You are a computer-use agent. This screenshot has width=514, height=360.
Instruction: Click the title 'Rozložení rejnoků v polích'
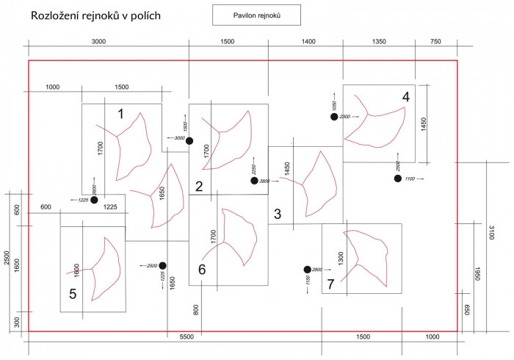point(96,15)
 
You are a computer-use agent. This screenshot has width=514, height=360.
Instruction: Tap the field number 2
point(199,186)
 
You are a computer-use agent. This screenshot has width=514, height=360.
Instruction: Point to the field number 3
point(278,215)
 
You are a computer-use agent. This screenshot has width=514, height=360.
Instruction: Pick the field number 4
point(405,96)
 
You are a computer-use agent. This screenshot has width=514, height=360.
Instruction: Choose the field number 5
point(73,294)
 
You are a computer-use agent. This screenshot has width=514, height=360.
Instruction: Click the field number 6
point(202,270)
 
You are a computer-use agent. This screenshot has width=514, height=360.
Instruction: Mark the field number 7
point(331,283)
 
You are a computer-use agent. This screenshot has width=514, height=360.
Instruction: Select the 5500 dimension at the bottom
point(187,336)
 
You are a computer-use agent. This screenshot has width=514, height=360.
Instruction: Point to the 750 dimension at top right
point(436,42)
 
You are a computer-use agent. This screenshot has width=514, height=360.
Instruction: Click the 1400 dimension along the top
point(308,42)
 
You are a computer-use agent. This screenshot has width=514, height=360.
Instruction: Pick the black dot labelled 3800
point(254,181)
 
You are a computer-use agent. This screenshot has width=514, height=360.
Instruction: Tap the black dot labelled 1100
point(398,179)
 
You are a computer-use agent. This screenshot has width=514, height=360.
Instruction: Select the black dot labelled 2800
point(308,270)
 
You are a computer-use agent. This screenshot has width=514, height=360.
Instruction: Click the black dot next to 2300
point(333,117)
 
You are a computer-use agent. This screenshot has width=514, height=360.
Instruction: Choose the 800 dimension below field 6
point(196,309)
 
